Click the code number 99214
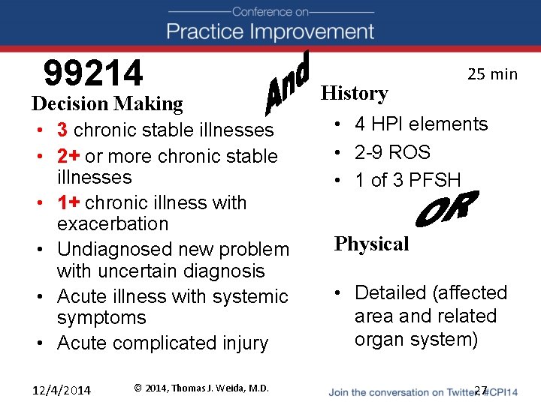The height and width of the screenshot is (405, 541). pyautogui.click(x=93, y=73)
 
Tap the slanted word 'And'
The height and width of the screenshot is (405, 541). pyautogui.click(x=289, y=85)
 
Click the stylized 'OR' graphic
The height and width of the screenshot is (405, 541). pyautogui.click(x=447, y=211)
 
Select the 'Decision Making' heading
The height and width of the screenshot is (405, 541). pyautogui.click(x=107, y=103)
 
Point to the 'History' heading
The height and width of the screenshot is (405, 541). pyautogui.click(x=354, y=93)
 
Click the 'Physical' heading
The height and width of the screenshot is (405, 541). pyautogui.click(x=371, y=244)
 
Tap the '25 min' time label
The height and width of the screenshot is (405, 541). pyautogui.click(x=492, y=73)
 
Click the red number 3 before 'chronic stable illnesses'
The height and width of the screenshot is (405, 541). pyautogui.click(x=62, y=130)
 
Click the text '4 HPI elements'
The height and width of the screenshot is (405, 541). pyautogui.click(x=421, y=124)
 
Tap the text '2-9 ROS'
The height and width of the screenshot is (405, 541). pyautogui.click(x=392, y=152)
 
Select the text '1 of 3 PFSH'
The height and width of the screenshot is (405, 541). pyautogui.click(x=407, y=179)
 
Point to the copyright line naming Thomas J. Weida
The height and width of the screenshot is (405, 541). pyautogui.click(x=201, y=388)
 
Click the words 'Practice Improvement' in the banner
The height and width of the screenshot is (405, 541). pyautogui.click(x=270, y=31)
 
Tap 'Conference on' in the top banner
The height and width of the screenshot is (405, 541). pyautogui.click(x=270, y=11)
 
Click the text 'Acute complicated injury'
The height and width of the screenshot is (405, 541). pyautogui.click(x=162, y=343)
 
